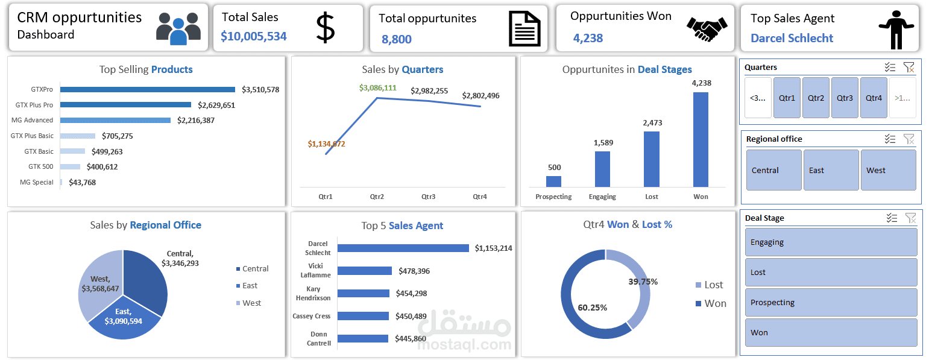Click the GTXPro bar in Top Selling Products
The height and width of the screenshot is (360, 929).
point(148,89)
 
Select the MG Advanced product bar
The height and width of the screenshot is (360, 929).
point(115,120)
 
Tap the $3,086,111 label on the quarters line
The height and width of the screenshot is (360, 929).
point(377,88)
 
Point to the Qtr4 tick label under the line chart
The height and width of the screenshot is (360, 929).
point(479,197)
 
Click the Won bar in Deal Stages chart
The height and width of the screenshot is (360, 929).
point(701,139)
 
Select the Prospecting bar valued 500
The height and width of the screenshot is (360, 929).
point(553,182)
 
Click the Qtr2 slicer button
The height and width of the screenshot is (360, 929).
point(816,98)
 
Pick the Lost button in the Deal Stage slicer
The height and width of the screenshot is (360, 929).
point(831,272)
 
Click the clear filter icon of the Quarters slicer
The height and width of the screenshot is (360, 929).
point(909,68)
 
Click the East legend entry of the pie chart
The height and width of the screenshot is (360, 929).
point(250,286)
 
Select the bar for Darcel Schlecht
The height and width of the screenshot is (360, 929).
point(403,248)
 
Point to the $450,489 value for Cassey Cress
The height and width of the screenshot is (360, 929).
point(411,316)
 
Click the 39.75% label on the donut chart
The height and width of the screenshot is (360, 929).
point(643,282)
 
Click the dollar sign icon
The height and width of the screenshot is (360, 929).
point(325,28)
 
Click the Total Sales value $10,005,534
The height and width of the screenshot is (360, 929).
point(253,36)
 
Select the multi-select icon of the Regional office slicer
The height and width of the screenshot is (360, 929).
point(890,139)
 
